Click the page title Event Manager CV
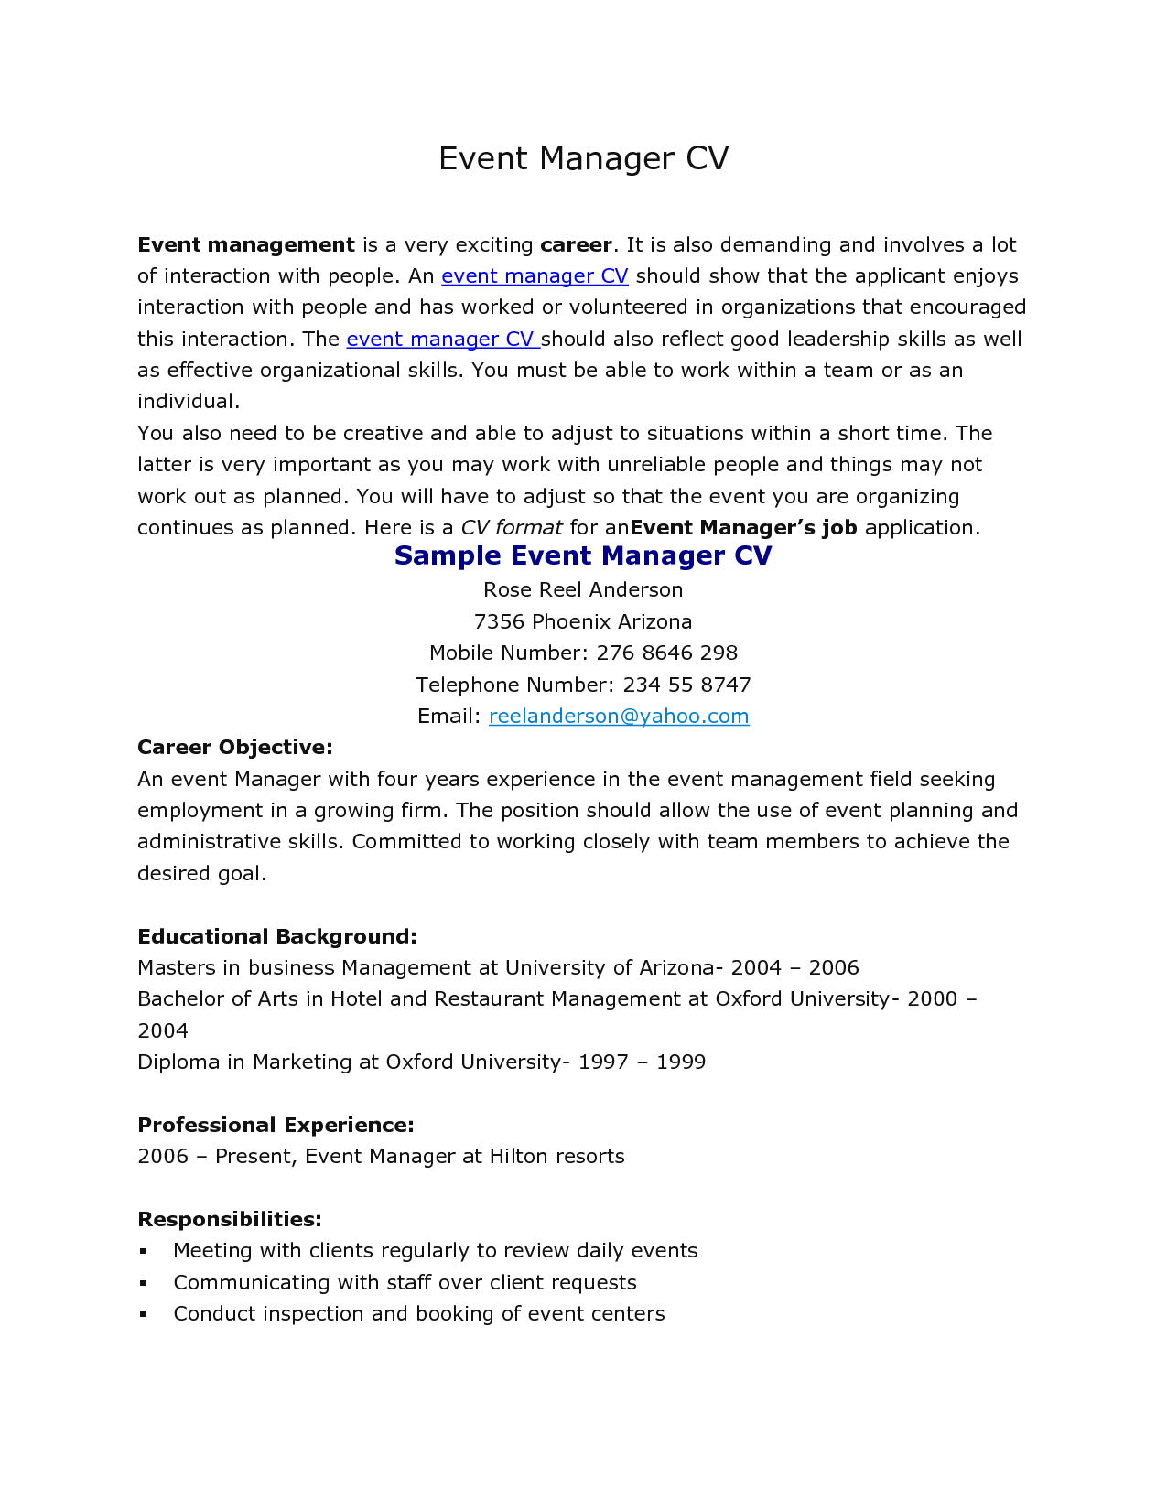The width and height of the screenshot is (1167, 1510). (x=583, y=159)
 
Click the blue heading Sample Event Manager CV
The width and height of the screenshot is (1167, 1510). (x=583, y=556)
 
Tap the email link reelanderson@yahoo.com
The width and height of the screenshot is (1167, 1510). (x=619, y=717)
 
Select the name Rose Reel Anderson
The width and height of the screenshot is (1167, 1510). (x=583, y=590)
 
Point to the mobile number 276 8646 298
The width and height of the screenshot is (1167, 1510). (x=666, y=653)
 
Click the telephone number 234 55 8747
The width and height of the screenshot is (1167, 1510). (x=686, y=685)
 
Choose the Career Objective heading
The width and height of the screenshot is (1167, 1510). (x=234, y=748)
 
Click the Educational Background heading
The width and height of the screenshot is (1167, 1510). (x=276, y=937)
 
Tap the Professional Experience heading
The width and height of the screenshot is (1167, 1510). (x=276, y=1126)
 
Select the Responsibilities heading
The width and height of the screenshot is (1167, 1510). (x=229, y=1220)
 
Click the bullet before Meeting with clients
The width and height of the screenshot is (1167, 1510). (x=143, y=1251)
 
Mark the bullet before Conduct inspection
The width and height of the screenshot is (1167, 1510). (x=143, y=1314)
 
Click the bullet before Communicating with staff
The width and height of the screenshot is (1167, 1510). (x=143, y=1283)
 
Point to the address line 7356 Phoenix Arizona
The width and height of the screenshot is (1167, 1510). (x=583, y=622)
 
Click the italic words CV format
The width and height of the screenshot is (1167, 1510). (x=511, y=528)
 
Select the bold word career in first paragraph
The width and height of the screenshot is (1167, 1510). (x=576, y=245)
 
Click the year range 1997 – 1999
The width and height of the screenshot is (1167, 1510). (x=642, y=1062)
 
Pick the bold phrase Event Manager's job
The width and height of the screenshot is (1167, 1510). (x=743, y=528)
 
